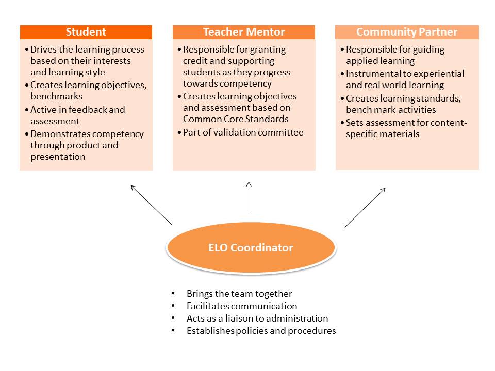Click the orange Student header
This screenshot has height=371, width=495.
(x=86, y=32)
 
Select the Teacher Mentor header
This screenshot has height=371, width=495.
(x=244, y=32)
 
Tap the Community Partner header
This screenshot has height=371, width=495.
(x=407, y=32)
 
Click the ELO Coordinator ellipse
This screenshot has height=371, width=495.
(x=251, y=248)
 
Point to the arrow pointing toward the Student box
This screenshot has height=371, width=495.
(x=151, y=205)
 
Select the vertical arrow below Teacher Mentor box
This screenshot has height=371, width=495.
(x=249, y=197)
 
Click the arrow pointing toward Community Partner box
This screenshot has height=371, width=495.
(x=365, y=207)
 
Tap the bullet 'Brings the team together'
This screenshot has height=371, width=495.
(x=239, y=294)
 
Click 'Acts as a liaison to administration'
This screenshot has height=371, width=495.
(x=257, y=318)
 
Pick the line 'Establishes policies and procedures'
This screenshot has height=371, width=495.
(x=261, y=331)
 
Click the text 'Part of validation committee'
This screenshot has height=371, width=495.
(x=243, y=132)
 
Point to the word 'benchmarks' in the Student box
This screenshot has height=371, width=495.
(x=56, y=96)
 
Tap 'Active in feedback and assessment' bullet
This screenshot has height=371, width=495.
(x=77, y=115)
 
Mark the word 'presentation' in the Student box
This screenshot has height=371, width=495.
(x=58, y=157)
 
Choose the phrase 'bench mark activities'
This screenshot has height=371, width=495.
(x=391, y=110)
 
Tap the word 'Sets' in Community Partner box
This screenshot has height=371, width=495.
(x=355, y=123)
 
